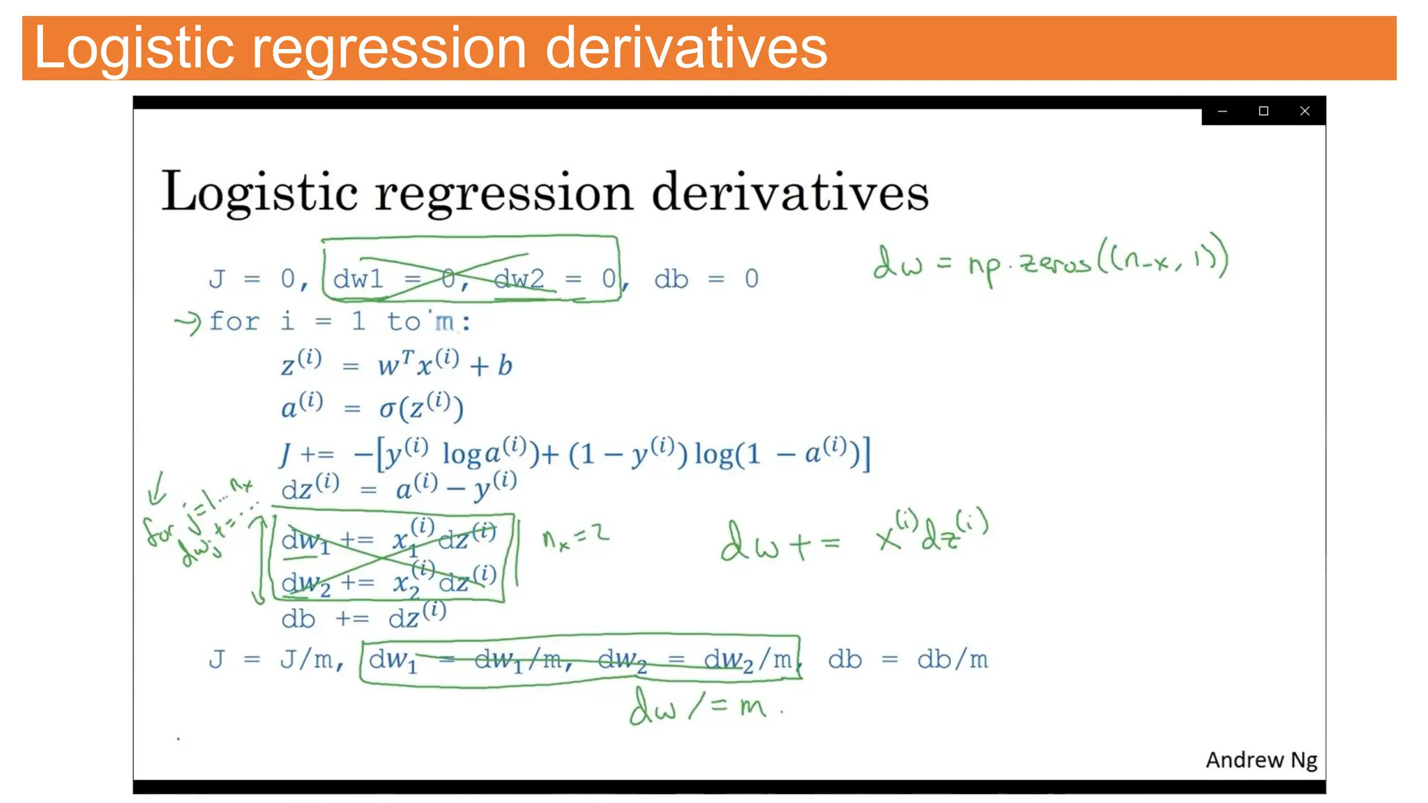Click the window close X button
pyautogui.click(x=1305, y=111)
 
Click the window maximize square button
pyautogui.click(x=1263, y=111)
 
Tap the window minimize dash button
pyautogui.click(x=1222, y=111)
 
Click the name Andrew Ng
pyautogui.click(x=1261, y=759)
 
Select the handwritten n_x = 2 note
pyautogui.click(x=575, y=537)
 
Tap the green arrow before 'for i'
pyautogui.click(x=187, y=323)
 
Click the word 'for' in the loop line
pyautogui.click(x=234, y=321)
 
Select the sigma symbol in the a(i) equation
pyautogui.click(x=387, y=408)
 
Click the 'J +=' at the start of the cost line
pyautogui.click(x=307, y=454)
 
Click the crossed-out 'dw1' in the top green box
pyautogui.click(x=358, y=279)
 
